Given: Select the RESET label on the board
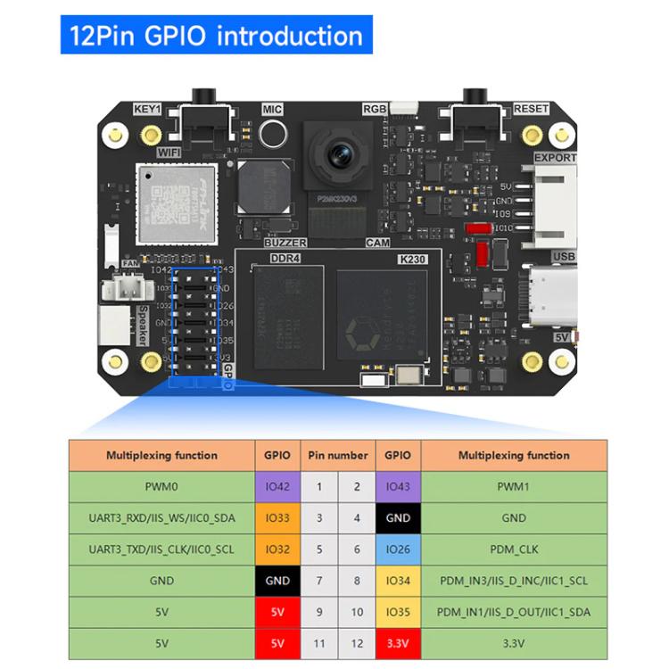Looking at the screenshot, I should [531, 109].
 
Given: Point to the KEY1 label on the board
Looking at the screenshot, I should [147, 109].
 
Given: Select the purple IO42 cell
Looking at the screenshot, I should [277, 486].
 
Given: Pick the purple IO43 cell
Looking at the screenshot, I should [398, 486].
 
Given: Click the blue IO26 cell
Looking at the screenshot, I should [398, 549].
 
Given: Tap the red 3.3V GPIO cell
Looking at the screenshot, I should [398, 642].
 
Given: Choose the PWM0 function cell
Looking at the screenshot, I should [161, 486].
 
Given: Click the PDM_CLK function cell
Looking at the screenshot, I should [514, 549].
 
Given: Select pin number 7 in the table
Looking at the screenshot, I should [319, 580].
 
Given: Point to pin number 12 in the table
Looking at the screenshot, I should [357, 642].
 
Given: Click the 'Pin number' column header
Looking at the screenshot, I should [337, 455].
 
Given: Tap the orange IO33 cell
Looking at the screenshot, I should [277, 517].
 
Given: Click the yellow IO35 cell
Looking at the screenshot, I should [398, 611].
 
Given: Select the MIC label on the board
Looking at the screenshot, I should [272, 109].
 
